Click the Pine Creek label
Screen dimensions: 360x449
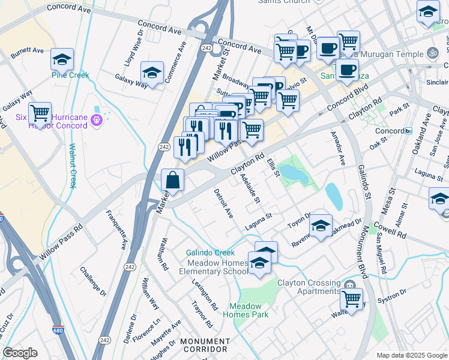70,76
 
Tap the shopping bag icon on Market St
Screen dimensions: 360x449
172,180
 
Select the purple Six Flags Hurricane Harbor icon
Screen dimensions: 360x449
96,122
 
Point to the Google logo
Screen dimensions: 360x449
20,353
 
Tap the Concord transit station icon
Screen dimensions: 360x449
409,131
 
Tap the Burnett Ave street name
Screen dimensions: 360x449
27,52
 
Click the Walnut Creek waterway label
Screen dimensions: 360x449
73,166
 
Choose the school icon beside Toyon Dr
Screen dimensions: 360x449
321,226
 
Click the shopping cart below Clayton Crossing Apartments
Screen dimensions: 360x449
351,298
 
